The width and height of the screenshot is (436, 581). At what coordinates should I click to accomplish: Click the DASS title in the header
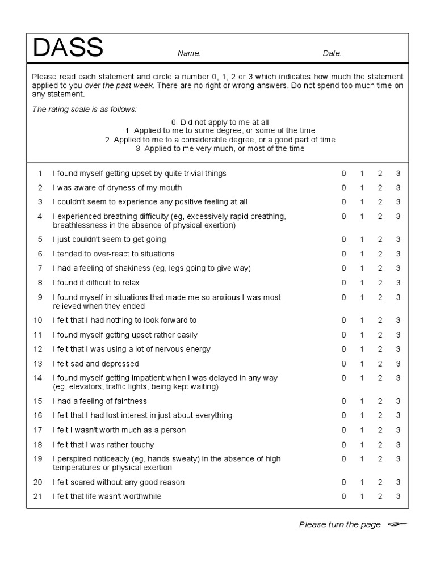(x=68, y=48)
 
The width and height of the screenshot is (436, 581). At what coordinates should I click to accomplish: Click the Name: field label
(x=189, y=54)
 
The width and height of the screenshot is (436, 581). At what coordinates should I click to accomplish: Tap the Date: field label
(x=332, y=54)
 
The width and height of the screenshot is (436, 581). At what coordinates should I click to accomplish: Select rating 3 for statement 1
(x=398, y=174)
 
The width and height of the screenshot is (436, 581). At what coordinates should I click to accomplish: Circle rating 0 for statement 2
(x=343, y=188)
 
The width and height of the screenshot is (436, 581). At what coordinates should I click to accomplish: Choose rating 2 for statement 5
(x=380, y=239)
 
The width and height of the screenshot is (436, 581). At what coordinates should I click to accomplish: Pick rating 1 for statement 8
(x=362, y=283)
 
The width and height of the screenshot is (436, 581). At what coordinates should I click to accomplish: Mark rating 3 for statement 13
(x=398, y=364)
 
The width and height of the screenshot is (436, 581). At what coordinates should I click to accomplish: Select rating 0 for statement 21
(x=343, y=496)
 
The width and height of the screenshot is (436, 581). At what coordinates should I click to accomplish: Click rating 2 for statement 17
(x=380, y=430)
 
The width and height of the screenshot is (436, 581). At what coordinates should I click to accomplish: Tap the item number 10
(x=38, y=321)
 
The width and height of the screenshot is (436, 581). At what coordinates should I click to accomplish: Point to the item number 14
(x=38, y=378)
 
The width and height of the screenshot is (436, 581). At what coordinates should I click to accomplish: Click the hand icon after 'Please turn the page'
(x=397, y=525)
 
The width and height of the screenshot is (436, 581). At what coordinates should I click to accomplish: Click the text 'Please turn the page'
(x=339, y=525)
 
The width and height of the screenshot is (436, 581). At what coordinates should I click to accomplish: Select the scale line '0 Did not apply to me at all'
(x=220, y=122)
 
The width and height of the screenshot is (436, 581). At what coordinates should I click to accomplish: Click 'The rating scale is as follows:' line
(x=84, y=109)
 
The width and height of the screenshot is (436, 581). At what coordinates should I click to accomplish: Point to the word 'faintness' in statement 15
(x=130, y=401)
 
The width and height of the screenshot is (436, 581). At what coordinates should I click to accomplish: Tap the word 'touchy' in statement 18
(x=142, y=445)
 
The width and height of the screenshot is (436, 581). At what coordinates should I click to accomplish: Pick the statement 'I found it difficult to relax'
(x=96, y=283)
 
